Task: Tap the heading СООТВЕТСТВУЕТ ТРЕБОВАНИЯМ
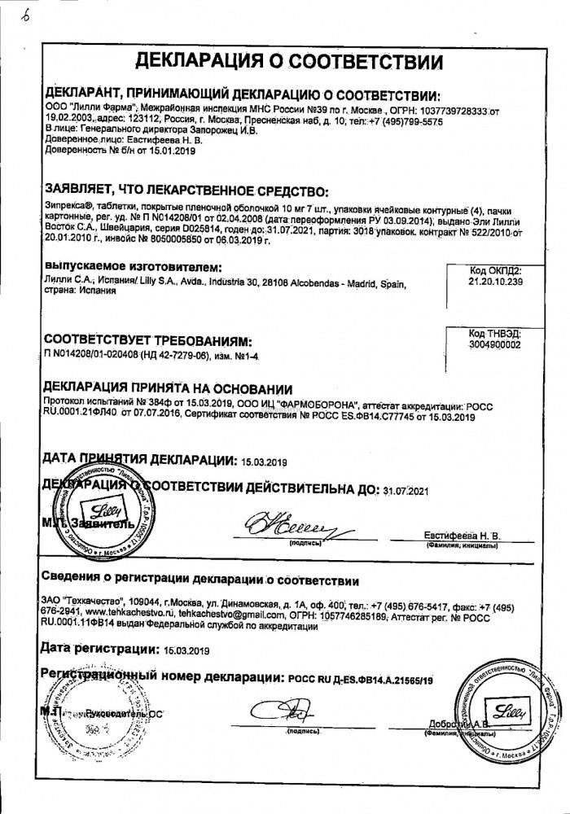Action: tap(147, 339)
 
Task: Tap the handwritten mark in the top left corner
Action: tap(15, 15)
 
